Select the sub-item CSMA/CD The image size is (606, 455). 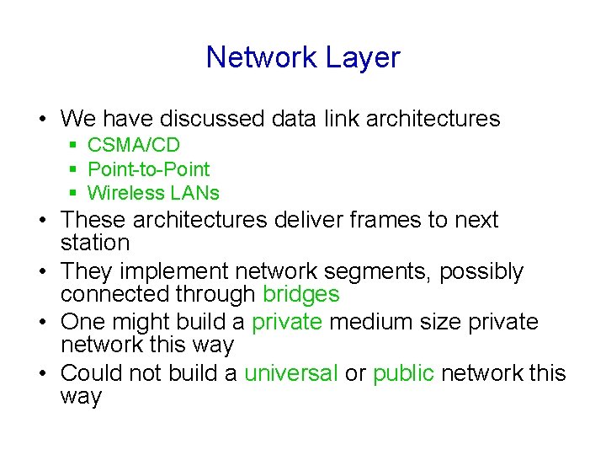tap(134, 146)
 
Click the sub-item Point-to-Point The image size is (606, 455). tap(149, 169)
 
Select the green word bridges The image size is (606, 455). tap(300, 294)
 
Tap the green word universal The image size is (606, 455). tap(291, 373)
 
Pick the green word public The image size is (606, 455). tap(403, 373)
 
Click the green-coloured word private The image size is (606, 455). tap(287, 323)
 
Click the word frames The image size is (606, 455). tap(384, 220)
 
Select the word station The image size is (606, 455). tap(95, 244)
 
